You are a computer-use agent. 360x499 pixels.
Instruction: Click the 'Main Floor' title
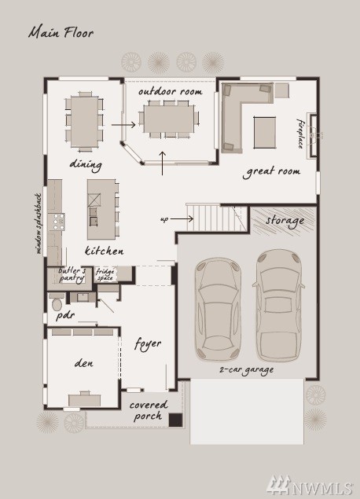(x=61, y=33)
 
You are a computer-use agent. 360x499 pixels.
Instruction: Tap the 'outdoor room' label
(x=171, y=92)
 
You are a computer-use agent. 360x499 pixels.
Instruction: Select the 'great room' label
(x=271, y=172)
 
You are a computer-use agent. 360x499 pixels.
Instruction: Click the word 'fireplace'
(x=300, y=134)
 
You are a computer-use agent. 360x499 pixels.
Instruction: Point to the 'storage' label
(x=285, y=221)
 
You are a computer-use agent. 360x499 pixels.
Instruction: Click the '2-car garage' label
(x=246, y=370)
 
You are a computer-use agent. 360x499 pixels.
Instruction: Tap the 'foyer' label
(x=148, y=344)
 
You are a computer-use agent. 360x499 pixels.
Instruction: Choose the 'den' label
(x=84, y=363)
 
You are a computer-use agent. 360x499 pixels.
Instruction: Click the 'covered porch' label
(x=149, y=410)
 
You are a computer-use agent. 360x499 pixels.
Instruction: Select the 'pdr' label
(x=65, y=316)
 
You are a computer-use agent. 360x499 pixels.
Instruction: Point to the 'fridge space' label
(x=105, y=274)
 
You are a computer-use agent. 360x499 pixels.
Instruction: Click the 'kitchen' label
(x=104, y=251)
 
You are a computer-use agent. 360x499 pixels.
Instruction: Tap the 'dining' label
(x=86, y=165)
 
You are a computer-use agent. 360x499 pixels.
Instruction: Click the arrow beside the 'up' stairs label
(x=182, y=219)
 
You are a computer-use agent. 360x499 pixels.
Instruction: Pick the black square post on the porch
(x=175, y=420)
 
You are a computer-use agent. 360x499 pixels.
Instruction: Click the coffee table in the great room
(x=265, y=132)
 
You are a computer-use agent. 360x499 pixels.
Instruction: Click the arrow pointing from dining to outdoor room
(x=123, y=125)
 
